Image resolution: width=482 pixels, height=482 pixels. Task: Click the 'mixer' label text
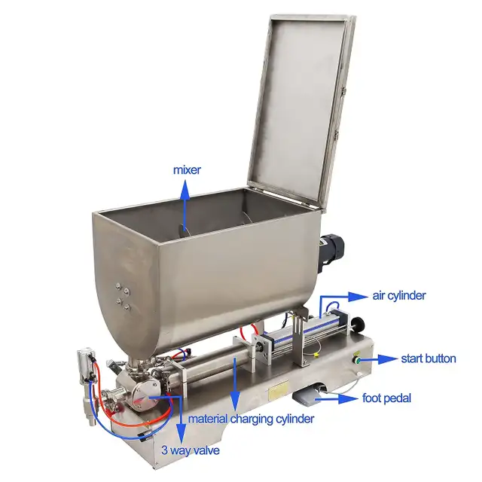(187, 170)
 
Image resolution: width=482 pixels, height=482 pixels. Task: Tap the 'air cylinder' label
(399, 296)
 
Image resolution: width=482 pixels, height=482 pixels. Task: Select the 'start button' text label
(429, 358)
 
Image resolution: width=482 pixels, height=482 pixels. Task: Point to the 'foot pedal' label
(386, 398)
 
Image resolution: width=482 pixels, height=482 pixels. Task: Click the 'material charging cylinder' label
(251, 419)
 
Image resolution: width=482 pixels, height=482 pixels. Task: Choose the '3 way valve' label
(191, 450)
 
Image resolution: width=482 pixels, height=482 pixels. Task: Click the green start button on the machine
(358, 359)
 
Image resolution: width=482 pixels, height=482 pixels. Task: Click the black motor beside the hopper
(331, 252)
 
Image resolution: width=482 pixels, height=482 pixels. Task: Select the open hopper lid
(303, 111)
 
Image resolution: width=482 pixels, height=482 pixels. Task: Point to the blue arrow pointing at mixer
(185, 204)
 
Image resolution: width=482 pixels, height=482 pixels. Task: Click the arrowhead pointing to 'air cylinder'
(358, 296)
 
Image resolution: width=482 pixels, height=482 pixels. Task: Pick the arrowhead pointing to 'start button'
(388, 359)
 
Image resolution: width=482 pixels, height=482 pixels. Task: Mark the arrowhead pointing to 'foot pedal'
(348, 398)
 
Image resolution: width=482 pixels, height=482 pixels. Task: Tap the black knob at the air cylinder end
(357, 323)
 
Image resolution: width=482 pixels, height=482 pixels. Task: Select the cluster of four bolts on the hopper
(122, 297)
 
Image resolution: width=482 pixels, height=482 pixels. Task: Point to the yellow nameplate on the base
(279, 389)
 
